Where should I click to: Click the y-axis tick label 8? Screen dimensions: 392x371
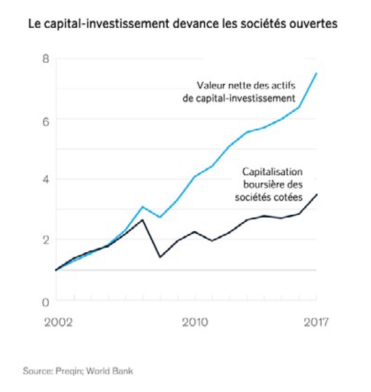tap(46, 59)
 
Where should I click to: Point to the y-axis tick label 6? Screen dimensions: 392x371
tap(46, 120)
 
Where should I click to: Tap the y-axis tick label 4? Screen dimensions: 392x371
tap(46, 180)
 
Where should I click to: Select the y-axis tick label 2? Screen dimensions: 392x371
tap(46, 240)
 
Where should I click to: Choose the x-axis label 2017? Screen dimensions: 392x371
tap(316, 323)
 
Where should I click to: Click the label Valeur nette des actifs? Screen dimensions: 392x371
tap(246, 85)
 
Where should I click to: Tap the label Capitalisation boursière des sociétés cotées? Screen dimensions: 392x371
tap(273, 185)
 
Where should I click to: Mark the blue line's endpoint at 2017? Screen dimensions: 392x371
tap(317, 73)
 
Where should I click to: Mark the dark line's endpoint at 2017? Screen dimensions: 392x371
tap(317, 194)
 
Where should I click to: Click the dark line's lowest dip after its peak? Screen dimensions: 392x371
tap(160, 257)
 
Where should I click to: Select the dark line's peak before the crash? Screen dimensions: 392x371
tap(142, 220)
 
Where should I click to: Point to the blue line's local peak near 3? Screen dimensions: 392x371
tap(142, 207)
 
